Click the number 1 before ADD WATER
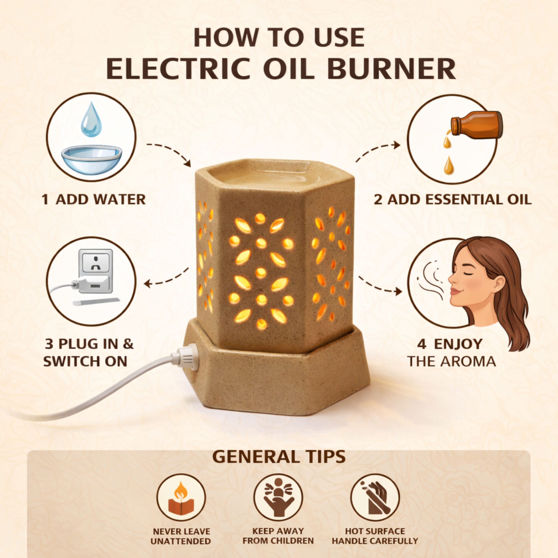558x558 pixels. click(x=45, y=200)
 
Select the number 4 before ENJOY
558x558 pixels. click(x=422, y=344)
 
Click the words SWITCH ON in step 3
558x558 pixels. click(x=85, y=361)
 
